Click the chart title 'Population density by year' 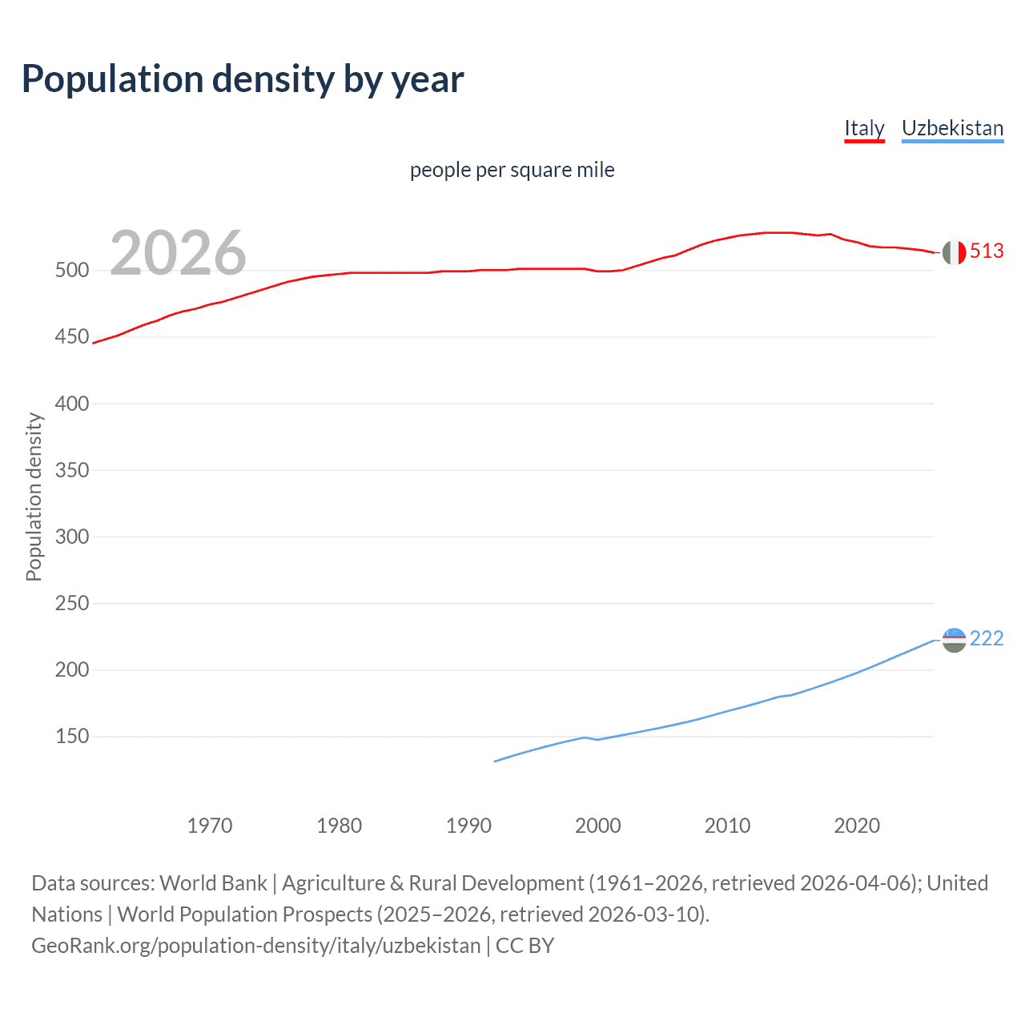(x=243, y=79)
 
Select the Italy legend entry (x=864, y=128)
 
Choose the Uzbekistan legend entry (x=952, y=128)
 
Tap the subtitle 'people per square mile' (x=512, y=170)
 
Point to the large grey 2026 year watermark (x=178, y=253)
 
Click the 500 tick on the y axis (x=72, y=271)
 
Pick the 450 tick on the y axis (x=72, y=337)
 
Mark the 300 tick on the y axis (x=72, y=537)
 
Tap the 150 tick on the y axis (x=72, y=736)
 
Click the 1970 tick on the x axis (x=210, y=826)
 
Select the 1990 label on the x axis (x=468, y=826)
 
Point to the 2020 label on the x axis (x=857, y=826)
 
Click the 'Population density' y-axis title (x=34, y=496)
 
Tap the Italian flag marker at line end (x=953, y=252)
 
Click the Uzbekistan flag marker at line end (x=953, y=640)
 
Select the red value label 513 (x=987, y=251)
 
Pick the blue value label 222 (x=987, y=638)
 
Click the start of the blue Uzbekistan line (x=496, y=761)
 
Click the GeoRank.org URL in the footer (x=255, y=946)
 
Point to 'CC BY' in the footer (x=525, y=946)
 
